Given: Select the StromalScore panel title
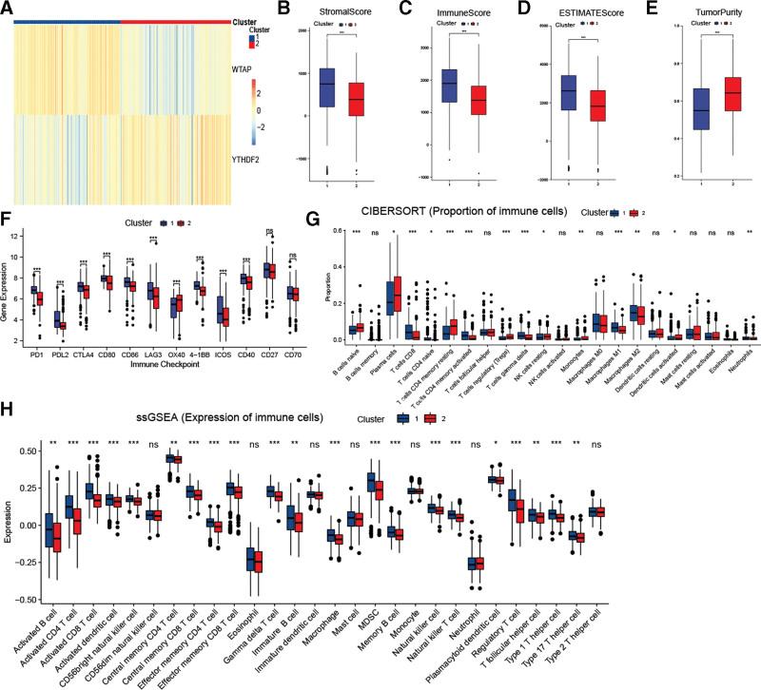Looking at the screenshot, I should [x=345, y=13].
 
